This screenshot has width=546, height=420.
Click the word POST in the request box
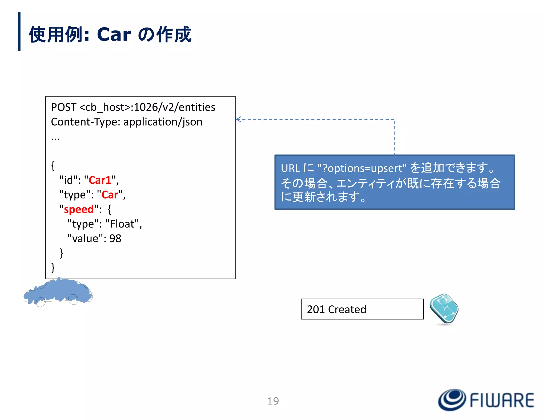coord(63,107)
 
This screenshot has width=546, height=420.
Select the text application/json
coord(163,122)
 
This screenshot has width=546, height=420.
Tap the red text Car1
coord(100,180)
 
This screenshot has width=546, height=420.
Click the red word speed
coord(79,209)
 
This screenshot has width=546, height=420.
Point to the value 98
coord(115,238)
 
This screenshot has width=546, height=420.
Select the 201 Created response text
coord(336,309)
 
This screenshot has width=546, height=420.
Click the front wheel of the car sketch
coord(41,302)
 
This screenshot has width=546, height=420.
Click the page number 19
coord(273,401)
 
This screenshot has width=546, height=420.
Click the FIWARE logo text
coord(502,400)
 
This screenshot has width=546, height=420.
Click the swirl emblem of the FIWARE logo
coord(452,400)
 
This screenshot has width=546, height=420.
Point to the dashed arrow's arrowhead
coord(239,119)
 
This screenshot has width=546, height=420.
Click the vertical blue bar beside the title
coord(19,31)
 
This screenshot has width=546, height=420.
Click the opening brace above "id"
coord(53,166)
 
